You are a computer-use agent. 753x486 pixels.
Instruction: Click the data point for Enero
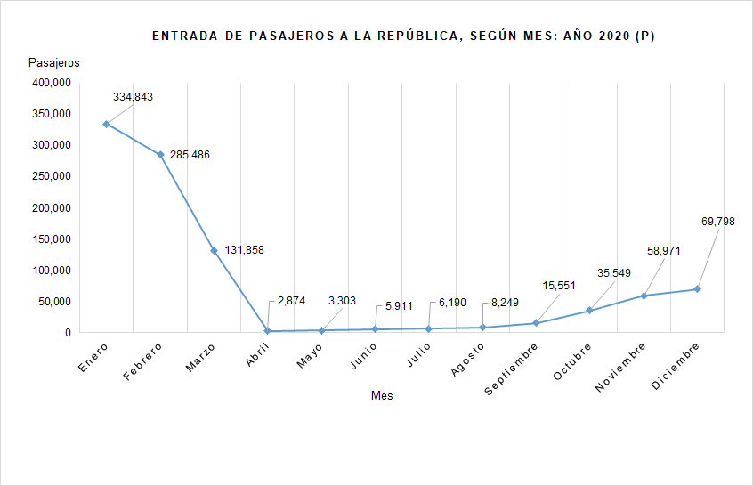click(x=106, y=124)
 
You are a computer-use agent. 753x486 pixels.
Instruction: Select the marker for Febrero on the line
click(x=160, y=155)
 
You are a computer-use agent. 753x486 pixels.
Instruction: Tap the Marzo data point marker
click(x=214, y=250)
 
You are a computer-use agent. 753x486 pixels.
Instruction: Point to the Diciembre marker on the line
click(x=697, y=289)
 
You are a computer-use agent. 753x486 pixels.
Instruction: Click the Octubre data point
click(x=589, y=311)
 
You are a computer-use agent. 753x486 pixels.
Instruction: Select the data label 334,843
click(x=134, y=97)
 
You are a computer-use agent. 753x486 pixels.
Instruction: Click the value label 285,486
click(x=190, y=155)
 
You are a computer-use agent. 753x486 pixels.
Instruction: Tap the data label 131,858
click(x=243, y=250)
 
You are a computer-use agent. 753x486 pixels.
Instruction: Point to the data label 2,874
click(x=291, y=301)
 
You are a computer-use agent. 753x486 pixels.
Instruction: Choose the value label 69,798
click(x=717, y=222)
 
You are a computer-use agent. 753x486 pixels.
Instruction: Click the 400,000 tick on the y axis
click(x=52, y=83)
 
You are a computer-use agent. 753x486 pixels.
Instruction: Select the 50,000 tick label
click(x=54, y=301)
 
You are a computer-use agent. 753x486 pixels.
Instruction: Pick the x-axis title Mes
click(x=382, y=396)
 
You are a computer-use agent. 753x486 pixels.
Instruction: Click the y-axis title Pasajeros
click(x=54, y=63)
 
